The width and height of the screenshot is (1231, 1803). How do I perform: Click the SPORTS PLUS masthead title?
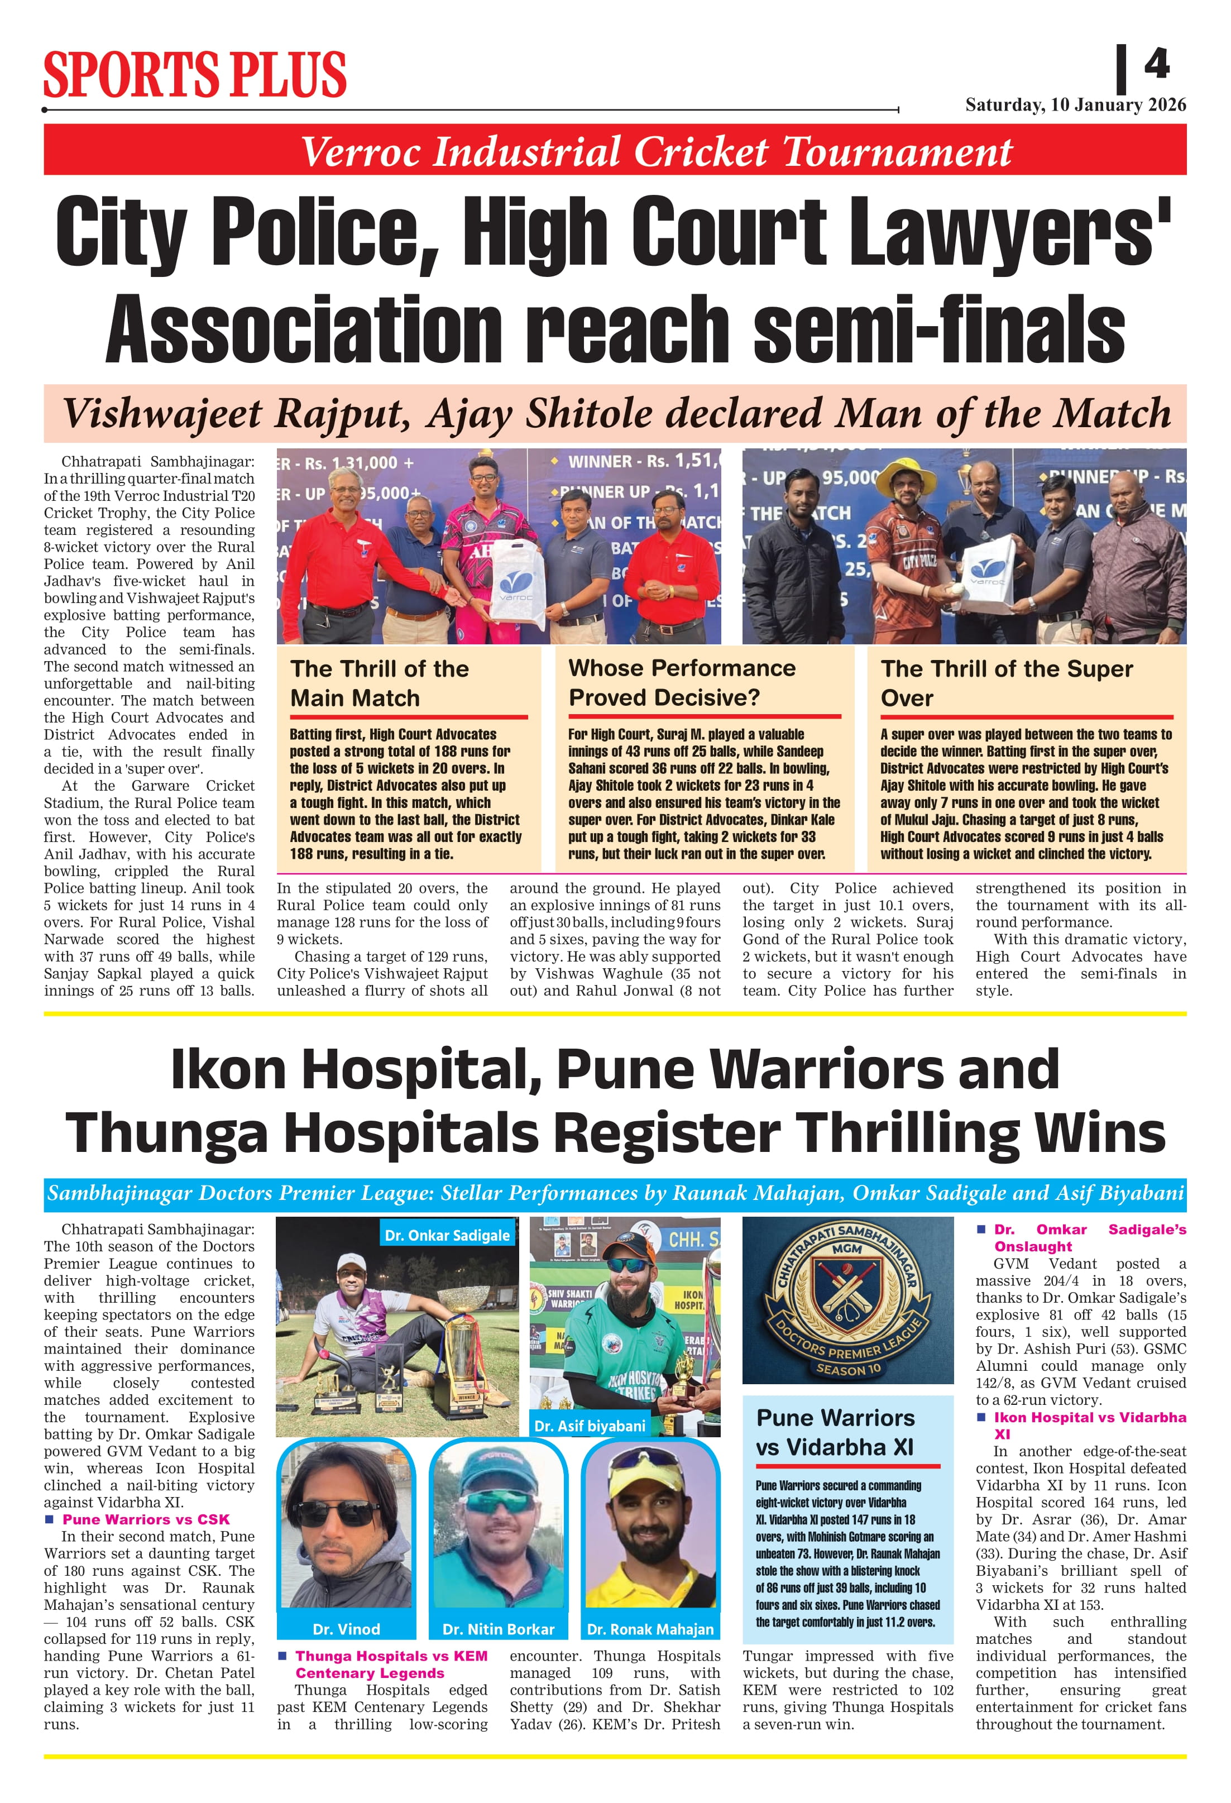click(x=195, y=75)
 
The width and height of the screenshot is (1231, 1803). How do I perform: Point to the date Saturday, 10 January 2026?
click(x=1075, y=105)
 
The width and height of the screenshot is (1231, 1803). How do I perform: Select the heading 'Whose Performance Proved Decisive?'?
click(x=683, y=683)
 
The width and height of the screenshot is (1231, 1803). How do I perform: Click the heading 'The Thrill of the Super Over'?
click(x=1007, y=683)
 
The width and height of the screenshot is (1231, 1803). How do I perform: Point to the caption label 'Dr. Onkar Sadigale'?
click(x=448, y=1235)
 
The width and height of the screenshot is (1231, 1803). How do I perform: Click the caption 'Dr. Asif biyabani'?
click(x=590, y=1426)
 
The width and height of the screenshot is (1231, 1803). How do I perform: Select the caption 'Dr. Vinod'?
click(x=346, y=1629)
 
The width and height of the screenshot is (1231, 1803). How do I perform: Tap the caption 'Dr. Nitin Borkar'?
click(x=498, y=1629)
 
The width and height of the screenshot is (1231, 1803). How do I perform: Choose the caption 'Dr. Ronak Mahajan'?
click(x=650, y=1629)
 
